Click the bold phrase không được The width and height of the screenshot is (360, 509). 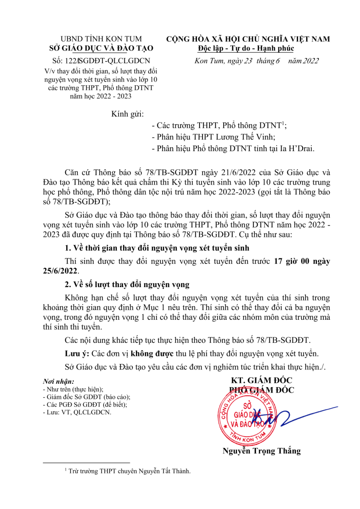coord(152,353)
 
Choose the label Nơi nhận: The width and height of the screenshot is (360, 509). coord(59,382)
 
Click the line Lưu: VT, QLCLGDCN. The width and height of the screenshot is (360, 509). coord(78,412)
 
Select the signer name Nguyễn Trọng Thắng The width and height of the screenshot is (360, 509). coord(262,451)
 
